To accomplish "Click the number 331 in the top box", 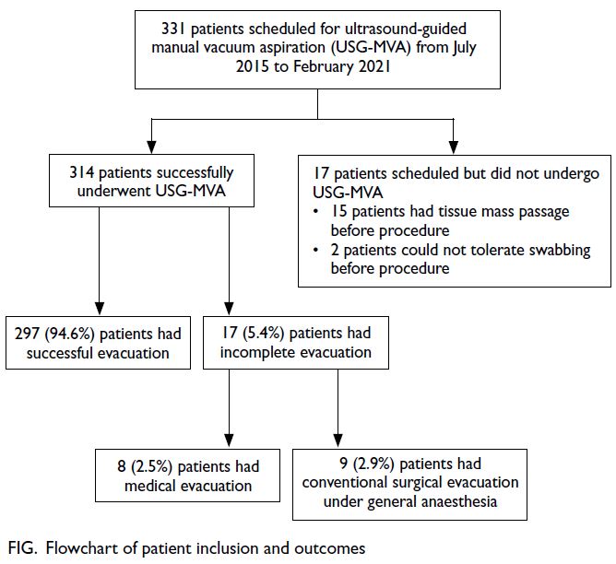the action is click(x=172, y=29).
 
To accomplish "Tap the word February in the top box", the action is click(x=324, y=67).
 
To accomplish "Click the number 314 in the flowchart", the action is click(x=81, y=172).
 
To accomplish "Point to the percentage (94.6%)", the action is click(x=69, y=334).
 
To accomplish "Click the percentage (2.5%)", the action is click(x=151, y=466).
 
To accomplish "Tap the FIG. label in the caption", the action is click(x=23, y=548).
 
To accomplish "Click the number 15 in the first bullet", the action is click(x=338, y=212).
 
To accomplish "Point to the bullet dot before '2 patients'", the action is click(x=315, y=250).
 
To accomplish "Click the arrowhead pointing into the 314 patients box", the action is click(x=151, y=147).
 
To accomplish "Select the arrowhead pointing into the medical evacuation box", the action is click(x=229, y=441).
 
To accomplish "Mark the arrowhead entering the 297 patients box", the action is click(x=100, y=309).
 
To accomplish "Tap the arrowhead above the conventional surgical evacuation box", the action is click(x=338, y=441).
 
